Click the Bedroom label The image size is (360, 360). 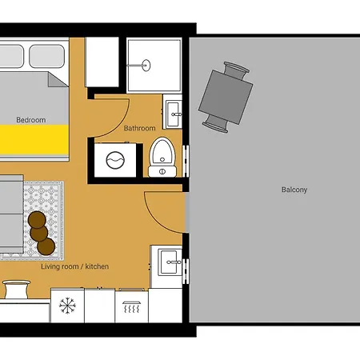(31, 120)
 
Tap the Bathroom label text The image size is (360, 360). (140, 128)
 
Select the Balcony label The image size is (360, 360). (294, 190)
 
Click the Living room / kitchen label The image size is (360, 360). (75, 266)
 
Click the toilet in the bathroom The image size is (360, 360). (162, 158)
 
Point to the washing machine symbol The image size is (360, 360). (115, 160)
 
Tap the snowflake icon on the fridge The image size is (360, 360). (67, 306)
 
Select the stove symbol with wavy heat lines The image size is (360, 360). (131, 307)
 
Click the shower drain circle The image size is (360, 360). (146, 66)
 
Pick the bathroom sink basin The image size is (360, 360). (174, 114)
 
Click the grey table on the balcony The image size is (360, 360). (226, 97)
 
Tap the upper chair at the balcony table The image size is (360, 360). (236, 70)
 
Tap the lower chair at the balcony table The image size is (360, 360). (216, 124)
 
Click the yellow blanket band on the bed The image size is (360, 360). (34, 140)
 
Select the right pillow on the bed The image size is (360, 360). (47, 56)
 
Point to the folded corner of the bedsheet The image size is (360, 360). (57, 80)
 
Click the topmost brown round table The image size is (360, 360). (37, 220)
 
